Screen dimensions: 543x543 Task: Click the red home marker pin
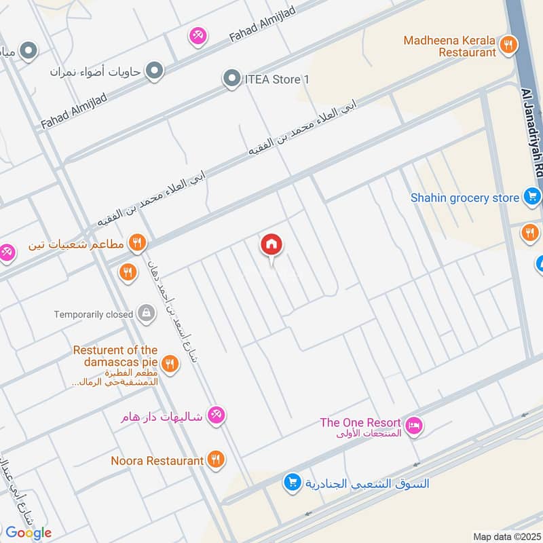pyautogui.click(x=271, y=246)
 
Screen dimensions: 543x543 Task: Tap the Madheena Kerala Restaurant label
pyautogui.click(x=449, y=45)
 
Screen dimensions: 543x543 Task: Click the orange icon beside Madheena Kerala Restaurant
pyautogui.click(x=507, y=45)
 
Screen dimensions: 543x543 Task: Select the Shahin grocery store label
pyautogui.click(x=464, y=198)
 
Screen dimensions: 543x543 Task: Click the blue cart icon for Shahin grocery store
pyautogui.click(x=531, y=198)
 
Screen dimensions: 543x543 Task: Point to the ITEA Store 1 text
pyautogui.click(x=276, y=79)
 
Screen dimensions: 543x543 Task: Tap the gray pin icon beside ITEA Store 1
pyautogui.click(x=233, y=79)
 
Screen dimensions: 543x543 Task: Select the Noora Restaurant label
pyautogui.click(x=157, y=460)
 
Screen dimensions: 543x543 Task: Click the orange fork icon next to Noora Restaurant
pyautogui.click(x=216, y=460)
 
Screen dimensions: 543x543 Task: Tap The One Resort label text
pyautogui.click(x=360, y=423)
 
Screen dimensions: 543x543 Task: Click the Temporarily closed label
pyautogui.click(x=94, y=314)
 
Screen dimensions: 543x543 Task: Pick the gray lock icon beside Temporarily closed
pyautogui.click(x=145, y=314)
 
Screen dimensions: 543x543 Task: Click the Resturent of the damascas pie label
pyautogui.click(x=116, y=356)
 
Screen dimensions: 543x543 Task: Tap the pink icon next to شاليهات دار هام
pyautogui.click(x=216, y=415)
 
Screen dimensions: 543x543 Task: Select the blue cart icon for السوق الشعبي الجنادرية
pyautogui.click(x=293, y=483)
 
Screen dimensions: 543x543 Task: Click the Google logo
pyautogui.click(x=28, y=533)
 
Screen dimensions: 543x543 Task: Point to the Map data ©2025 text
pyautogui.click(x=506, y=537)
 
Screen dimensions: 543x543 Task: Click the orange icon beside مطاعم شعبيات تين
pyautogui.click(x=137, y=242)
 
